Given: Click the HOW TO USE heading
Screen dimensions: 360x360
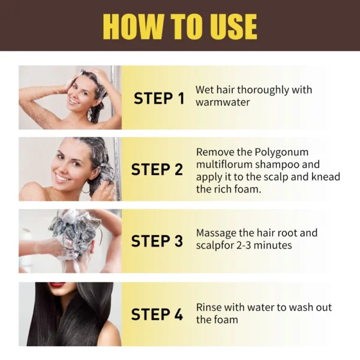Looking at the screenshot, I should tap(180, 26).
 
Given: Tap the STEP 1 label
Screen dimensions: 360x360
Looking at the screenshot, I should tap(158, 98).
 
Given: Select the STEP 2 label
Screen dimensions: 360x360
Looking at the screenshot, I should tap(157, 169).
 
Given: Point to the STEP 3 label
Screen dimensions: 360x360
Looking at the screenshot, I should tap(157, 241).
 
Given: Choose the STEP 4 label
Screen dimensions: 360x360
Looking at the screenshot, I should tap(157, 314).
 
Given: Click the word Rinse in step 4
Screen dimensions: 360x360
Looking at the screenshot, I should tap(209, 307).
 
